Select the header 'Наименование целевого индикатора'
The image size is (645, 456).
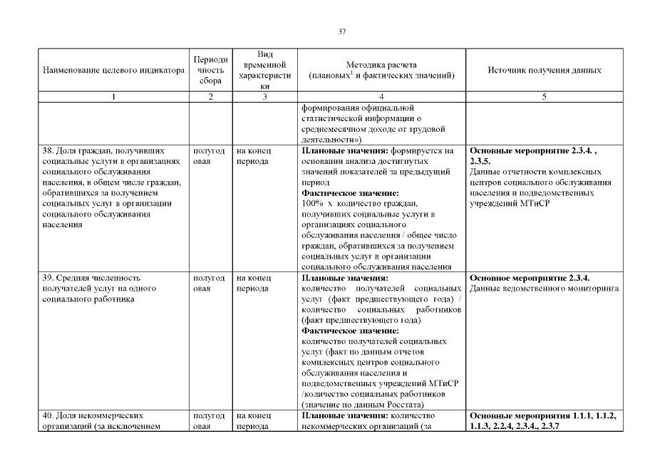point(114,71)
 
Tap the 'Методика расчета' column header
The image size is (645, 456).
point(381,65)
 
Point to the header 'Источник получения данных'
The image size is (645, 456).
point(544,71)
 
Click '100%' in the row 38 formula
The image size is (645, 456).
point(314,203)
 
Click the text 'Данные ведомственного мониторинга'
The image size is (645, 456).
point(544,288)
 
